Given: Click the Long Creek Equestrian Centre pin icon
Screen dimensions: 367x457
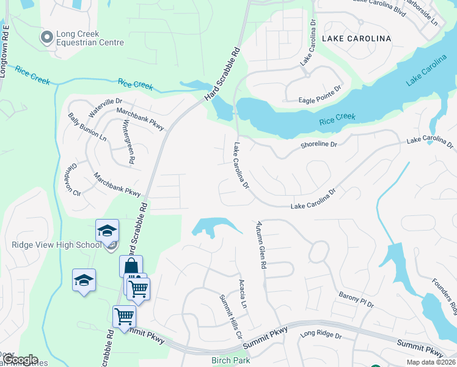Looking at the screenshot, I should (x=46, y=38).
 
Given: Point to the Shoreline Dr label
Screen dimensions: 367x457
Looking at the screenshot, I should (x=318, y=145).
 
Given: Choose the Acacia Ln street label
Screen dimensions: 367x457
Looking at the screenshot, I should (x=243, y=294).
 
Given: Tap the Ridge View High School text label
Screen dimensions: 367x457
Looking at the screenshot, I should (x=56, y=245).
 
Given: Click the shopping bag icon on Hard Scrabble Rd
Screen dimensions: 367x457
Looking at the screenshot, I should (x=131, y=266).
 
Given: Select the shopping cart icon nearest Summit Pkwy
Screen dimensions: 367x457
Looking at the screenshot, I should (x=124, y=316).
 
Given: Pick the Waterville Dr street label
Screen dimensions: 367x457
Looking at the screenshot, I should (x=106, y=108).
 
